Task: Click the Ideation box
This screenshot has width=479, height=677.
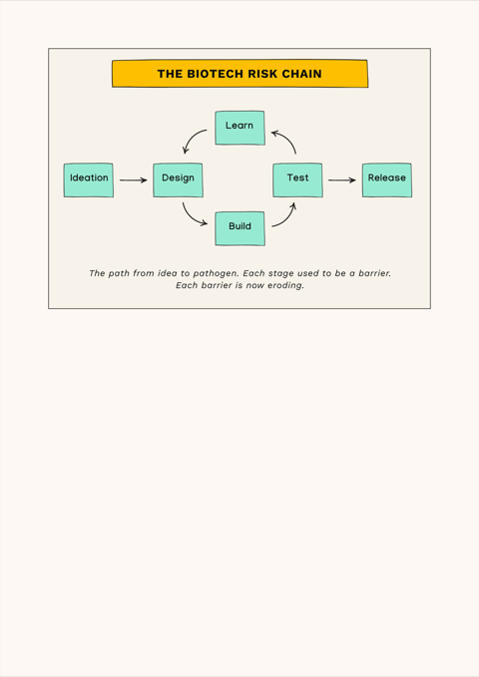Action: (89, 180)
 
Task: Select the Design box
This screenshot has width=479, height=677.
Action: (178, 180)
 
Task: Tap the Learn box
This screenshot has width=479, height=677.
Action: (239, 128)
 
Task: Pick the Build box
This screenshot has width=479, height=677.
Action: (239, 228)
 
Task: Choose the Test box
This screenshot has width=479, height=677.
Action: (297, 180)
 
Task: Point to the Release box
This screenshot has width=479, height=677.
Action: (387, 180)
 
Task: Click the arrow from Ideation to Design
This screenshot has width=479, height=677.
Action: (134, 180)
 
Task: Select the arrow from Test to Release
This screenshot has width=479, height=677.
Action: (342, 180)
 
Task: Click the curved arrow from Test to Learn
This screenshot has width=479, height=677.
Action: (288, 139)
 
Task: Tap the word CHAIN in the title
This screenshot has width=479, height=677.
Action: (301, 74)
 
